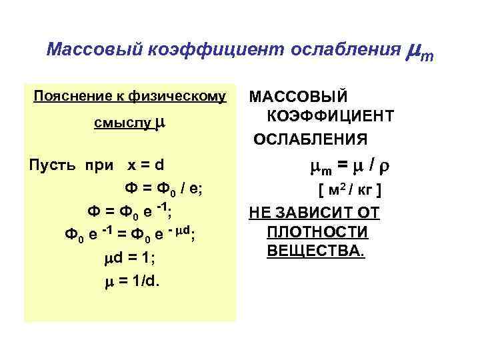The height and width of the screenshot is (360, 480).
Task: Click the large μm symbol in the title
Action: (x=419, y=51)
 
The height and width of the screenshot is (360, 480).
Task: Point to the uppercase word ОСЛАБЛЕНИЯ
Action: (x=309, y=139)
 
